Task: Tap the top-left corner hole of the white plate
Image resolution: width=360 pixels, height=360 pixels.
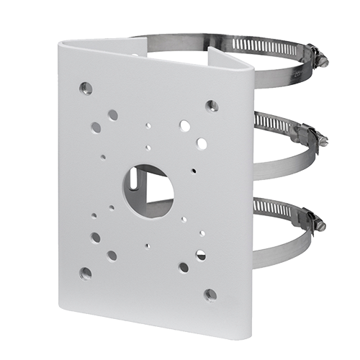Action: click(x=86, y=89)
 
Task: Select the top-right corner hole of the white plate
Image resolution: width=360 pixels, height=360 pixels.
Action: click(x=211, y=106)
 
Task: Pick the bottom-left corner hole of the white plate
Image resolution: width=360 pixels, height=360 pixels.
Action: click(x=86, y=273)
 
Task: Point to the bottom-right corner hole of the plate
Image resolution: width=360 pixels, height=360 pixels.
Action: click(x=210, y=294)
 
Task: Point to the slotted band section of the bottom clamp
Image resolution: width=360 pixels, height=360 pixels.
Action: click(x=274, y=209)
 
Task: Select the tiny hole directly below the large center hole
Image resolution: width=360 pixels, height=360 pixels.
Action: click(x=148, y=245)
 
